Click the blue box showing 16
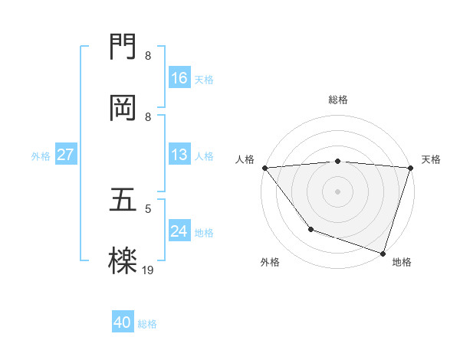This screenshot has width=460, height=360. tap(179, 78)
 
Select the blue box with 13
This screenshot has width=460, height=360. tap(179, 155)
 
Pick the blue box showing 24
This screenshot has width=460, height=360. tap(179, 231)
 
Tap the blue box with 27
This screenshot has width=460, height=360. tap(66, 155)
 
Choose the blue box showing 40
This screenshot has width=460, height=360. tap(123, 323)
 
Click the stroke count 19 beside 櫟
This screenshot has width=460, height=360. tap(148, 270)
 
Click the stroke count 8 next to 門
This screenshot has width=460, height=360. tap(148, 56)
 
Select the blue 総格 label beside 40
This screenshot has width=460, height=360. tap(147, 324)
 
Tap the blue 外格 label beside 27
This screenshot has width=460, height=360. tap(41, 155)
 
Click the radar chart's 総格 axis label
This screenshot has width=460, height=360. tap(338, 100)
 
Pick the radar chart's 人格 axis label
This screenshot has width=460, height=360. tap(245, 159)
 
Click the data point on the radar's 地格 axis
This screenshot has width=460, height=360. tap(383, 253)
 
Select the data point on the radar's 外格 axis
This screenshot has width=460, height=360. tap(310, 229)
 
